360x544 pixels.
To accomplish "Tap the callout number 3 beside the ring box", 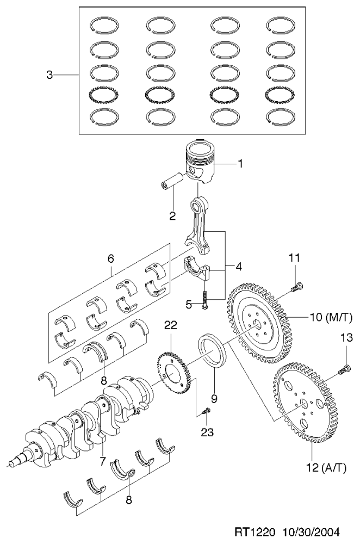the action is click(49, 75).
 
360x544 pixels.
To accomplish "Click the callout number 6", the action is click(110, 258).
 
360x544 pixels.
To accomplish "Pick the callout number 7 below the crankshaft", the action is click(102, 461).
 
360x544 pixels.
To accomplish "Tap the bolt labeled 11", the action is click(297, 287).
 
